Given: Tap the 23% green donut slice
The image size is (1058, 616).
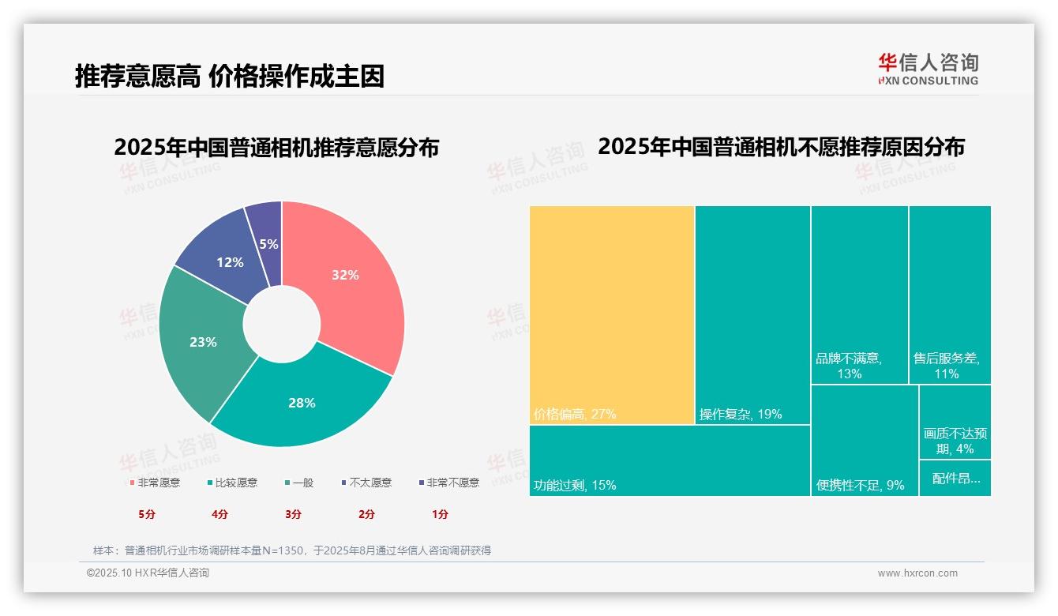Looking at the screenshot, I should [x=204, y=341].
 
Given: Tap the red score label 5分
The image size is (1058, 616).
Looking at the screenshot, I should [x=147, y=514].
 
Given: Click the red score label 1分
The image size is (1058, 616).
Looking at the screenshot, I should [x=440, y=514].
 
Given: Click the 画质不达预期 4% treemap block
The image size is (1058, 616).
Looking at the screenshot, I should [x=955, y=423].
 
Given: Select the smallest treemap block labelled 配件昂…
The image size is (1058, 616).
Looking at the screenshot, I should [x=955, y=478].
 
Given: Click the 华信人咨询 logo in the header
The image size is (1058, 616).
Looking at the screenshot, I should [x=928, y=69].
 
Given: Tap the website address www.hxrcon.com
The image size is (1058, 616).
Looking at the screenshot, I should [x=917, y=573].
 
